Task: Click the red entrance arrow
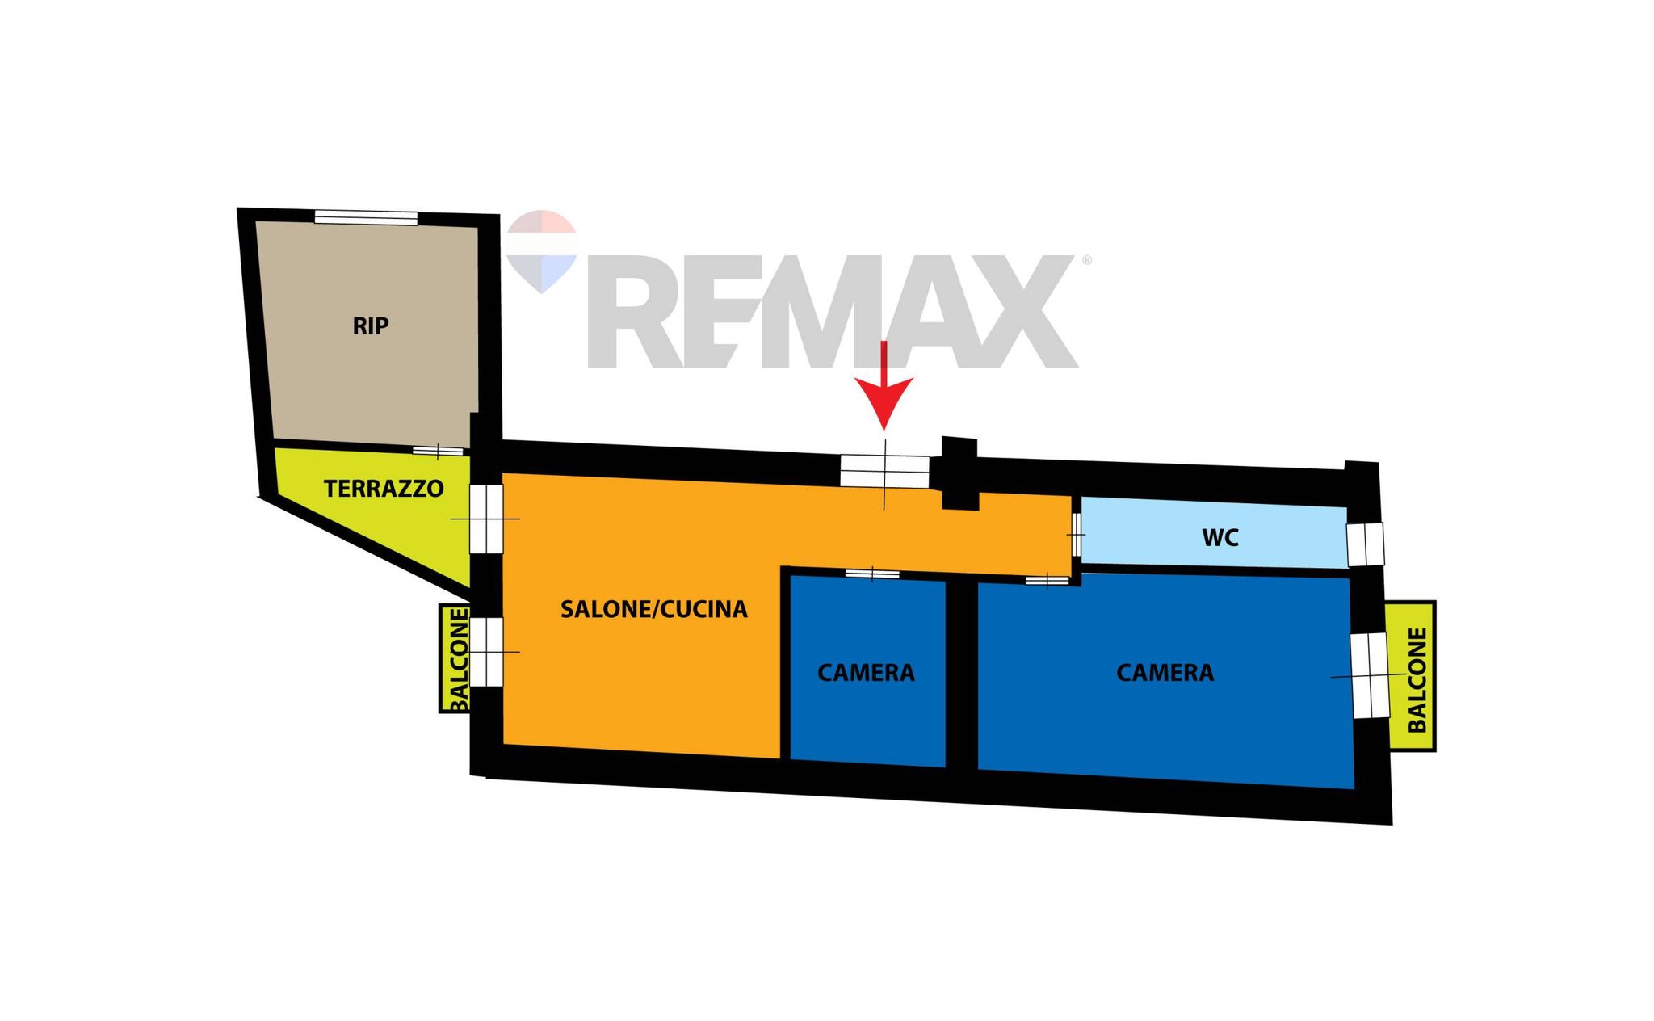[884, 386]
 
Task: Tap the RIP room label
[371, 326]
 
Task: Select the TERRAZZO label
[384, 489]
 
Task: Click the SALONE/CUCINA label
[654, 609]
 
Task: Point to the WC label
[1220, 538]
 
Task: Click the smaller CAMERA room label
[866, 673]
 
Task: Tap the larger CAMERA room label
[1165, 673]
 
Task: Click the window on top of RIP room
[366, 217]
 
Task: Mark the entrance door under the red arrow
[884, 471]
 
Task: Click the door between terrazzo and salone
[486, 519]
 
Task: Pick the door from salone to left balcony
[486, 652]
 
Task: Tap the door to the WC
[1077, 535]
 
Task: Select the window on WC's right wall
[1365, 544]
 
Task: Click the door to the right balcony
[1370, 675]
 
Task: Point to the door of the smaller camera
[872, 574]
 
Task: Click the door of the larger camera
[1047, 579]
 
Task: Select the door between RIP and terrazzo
[438, 451]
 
